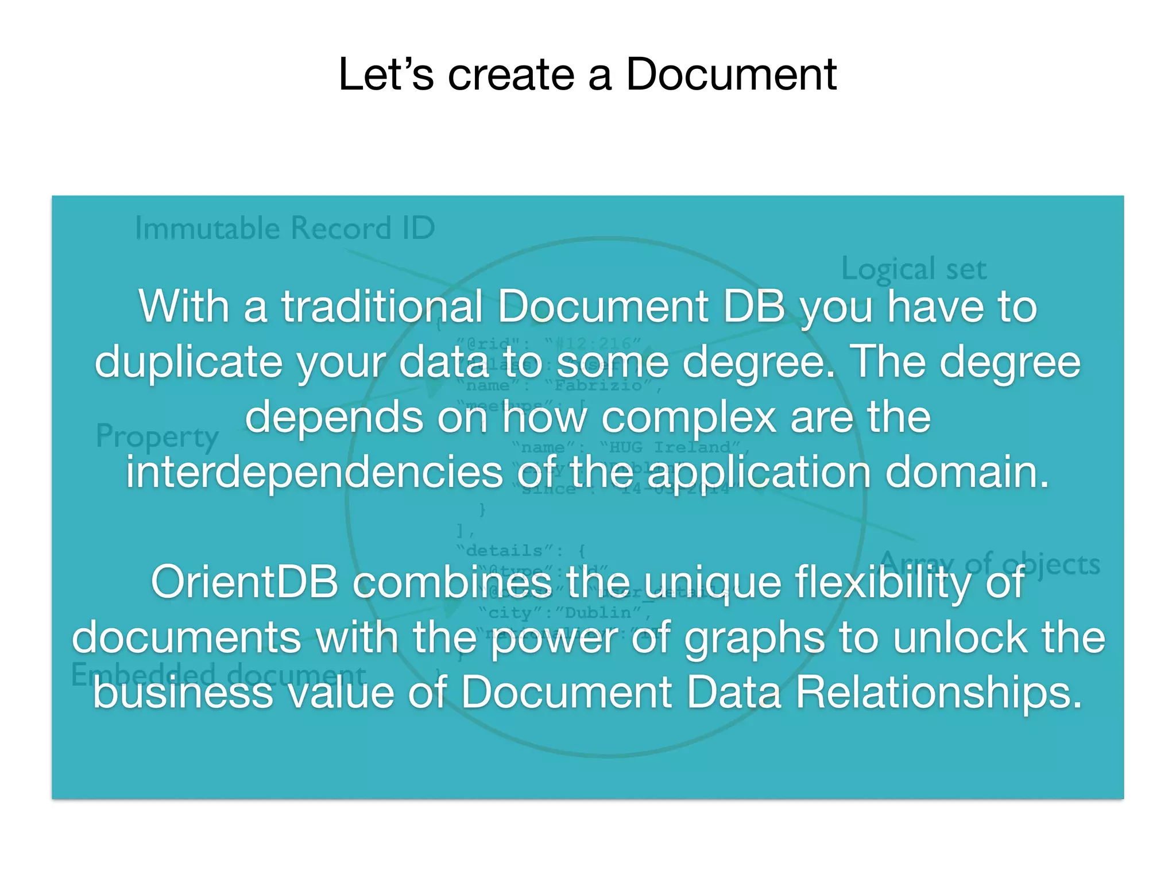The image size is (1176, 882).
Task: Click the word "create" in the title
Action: point(511,75)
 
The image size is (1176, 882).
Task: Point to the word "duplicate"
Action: point(188,362)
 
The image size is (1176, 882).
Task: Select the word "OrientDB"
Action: point(245,582)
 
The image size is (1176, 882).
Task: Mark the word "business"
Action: point(183,693)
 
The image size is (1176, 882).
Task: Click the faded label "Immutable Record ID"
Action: point(285,229)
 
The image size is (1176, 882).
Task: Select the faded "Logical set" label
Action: point(914,269)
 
